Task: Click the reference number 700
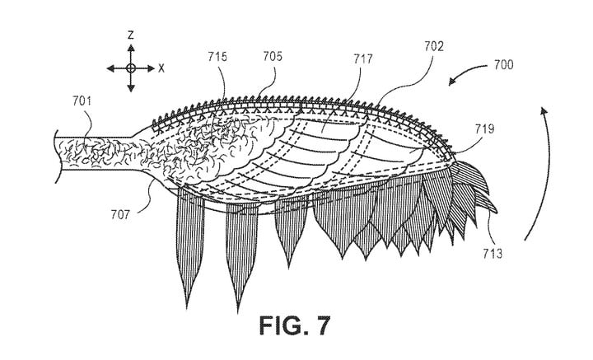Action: click(503, 64)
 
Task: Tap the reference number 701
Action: click(82, 101)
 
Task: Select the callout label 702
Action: click(434, 46)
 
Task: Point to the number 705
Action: click(273, 56)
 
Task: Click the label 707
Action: click(120, 215)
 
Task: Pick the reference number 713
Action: click(493, 254)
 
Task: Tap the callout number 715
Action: click(217, 56)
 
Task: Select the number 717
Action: click(363, 59)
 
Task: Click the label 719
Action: click(484, 129)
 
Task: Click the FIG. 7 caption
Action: click(295, 325)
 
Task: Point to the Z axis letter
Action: click(131, 35)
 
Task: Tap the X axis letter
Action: click(161, 68)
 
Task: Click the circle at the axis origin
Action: click(131, 68)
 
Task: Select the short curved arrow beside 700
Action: click(466, 72)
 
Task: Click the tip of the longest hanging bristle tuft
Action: click(238, 312)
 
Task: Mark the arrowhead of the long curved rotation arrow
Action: click(544, 110)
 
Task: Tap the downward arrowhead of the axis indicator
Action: click(131, 88)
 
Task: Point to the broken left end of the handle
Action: click(56, 157)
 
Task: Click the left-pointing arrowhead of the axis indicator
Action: click(110, 68)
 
